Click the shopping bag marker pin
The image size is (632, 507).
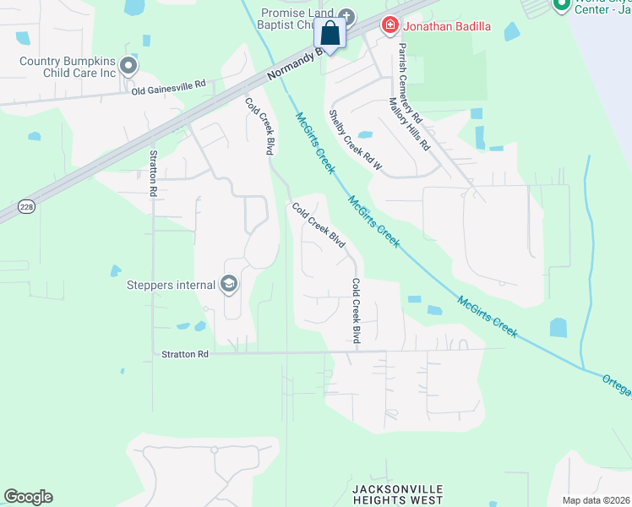point(330,35)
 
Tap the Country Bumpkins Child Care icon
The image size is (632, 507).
point(128,65)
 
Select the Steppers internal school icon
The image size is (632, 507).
point(228,285)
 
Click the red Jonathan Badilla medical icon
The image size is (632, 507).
point(390,25)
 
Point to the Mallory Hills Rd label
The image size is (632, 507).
point(409,123)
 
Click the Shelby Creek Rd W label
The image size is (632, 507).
point(355,141)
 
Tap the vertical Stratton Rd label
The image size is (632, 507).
point(154,173)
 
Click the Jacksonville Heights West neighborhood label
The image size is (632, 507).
point(397,494)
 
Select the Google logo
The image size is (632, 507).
point(28,497)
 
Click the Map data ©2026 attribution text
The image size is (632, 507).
point(596,500)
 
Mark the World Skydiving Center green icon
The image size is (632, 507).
point(562,4)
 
